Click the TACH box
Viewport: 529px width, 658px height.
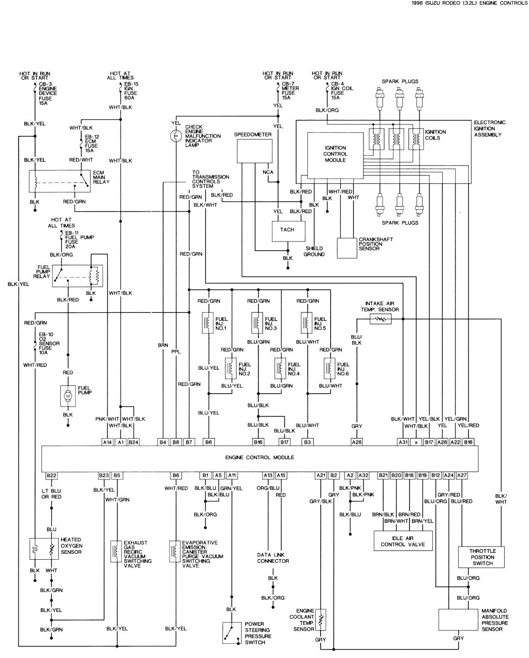[287, 230]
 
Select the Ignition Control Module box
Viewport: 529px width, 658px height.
[335, 154]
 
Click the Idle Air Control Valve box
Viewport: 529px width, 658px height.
[403, 541]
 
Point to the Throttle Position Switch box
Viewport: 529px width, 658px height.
[482, 557]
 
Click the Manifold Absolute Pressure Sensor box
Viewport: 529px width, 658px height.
[458, 619]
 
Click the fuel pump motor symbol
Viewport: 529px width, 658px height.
[68, 395]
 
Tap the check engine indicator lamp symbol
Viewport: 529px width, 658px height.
[175, 136]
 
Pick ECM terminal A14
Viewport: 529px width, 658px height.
[107, 441]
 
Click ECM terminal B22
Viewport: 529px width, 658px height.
[51, 476]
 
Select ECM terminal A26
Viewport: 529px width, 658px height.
[357, 441]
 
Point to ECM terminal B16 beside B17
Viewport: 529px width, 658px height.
[258, 441]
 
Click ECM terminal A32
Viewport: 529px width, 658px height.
[363, 476]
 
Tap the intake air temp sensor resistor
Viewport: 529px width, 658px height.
[380, 319]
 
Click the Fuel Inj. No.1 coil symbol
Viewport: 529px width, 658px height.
[208, 323]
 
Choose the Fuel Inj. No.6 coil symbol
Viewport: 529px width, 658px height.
[331, 368]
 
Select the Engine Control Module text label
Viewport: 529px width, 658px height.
[259, 458]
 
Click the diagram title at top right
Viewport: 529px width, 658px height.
[468, 3]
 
